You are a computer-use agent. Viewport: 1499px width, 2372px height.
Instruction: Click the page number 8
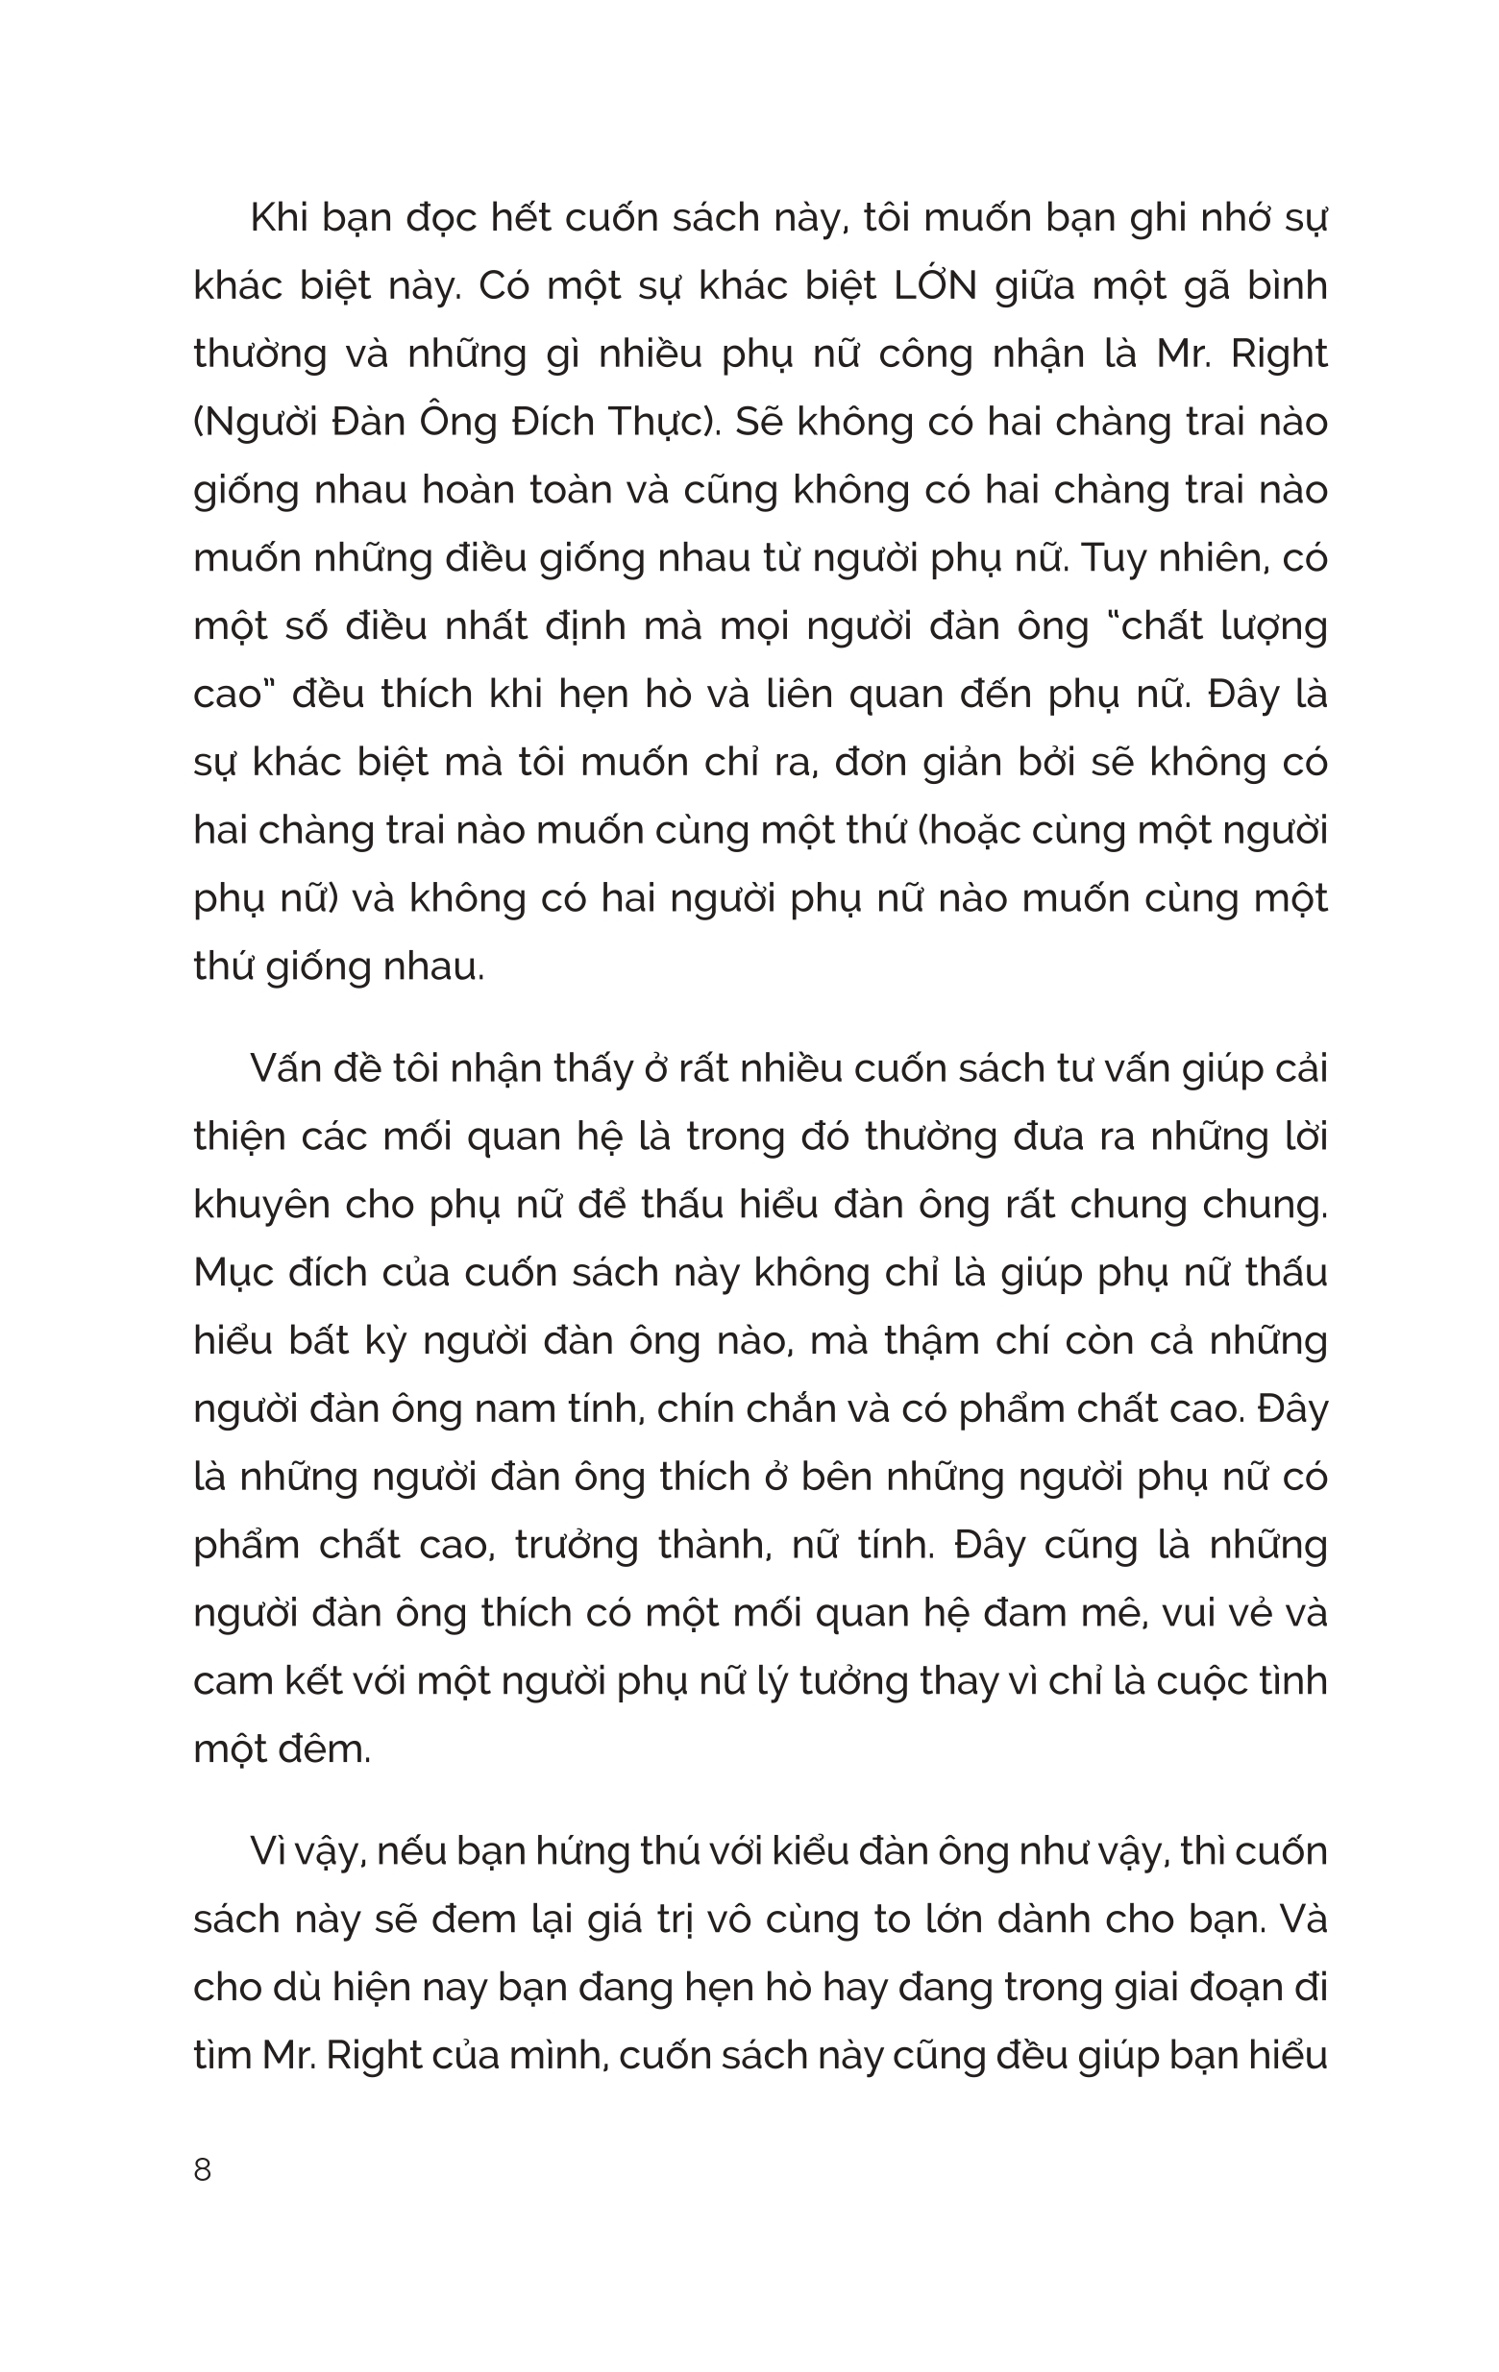click(x=202, y=2170)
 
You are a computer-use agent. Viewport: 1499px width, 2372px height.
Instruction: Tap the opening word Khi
click(x=280, y=219)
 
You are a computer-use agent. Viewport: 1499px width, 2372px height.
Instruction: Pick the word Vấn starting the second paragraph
click(x=286, y=1068)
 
